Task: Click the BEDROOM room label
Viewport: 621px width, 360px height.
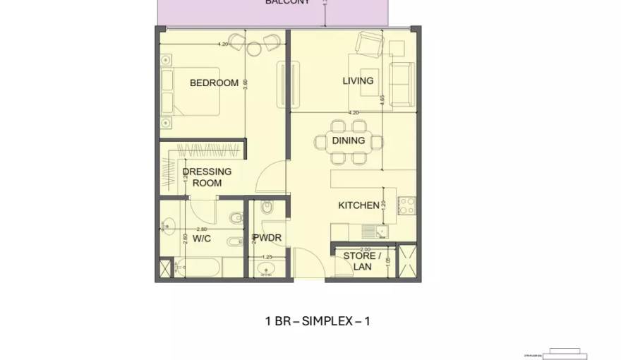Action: tap(214, 83)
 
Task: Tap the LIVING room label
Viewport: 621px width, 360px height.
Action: tap(358, 80)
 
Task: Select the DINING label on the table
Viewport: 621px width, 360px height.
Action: tap(349, 140)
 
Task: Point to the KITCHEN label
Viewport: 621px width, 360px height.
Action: tap(358, 205)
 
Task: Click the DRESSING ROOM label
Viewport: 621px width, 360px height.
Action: tap(207, 177)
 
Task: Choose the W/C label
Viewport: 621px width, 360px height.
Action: tap(202, 239)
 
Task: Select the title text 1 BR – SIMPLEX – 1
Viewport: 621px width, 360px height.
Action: tap(317, 321)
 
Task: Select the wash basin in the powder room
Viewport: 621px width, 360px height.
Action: tap(267, 270)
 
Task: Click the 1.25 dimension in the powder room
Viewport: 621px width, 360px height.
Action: tap(267, 257)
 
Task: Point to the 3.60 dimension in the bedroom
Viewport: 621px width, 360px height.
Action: tap(246, 83)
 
